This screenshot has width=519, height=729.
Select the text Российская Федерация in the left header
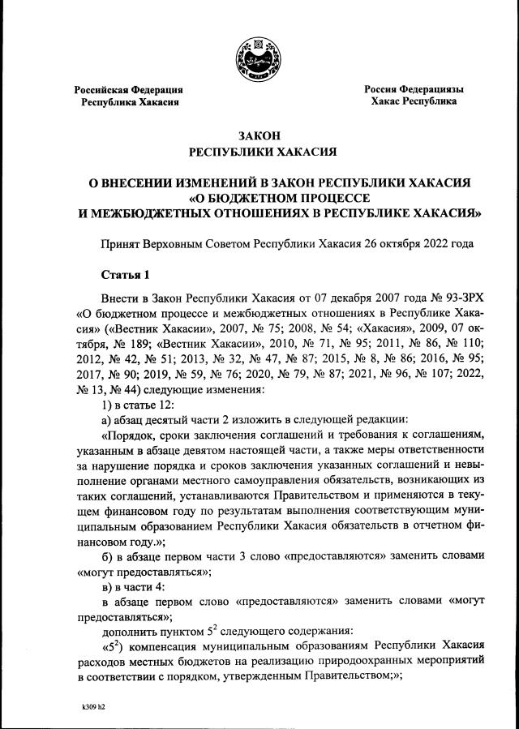click(x=129, y=89)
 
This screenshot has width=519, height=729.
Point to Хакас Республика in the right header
click(x=414, y=101)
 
